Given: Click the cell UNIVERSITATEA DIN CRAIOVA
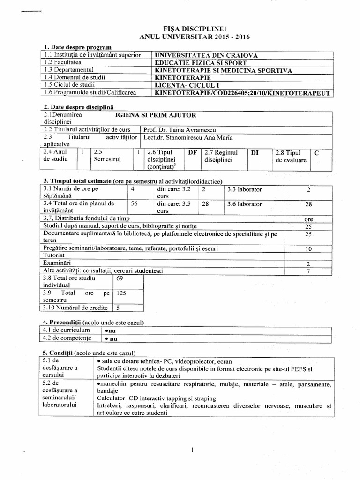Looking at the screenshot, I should coord(207,55).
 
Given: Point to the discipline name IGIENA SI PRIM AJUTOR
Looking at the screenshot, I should coord(156,115).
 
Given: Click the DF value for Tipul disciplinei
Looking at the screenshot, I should coord(192,152).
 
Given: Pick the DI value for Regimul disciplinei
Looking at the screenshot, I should coord(255,152).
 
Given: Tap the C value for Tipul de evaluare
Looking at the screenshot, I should coord(316,152).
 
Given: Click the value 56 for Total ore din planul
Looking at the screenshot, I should coord(135,204).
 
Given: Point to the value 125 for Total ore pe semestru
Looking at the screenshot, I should coord(121,292).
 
